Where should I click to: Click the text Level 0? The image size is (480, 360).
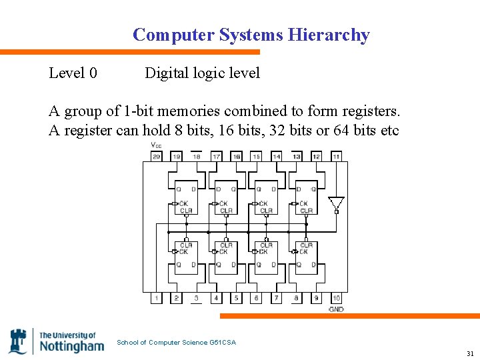[x=73, y=73]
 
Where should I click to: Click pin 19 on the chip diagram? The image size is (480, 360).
[x=176, y=157]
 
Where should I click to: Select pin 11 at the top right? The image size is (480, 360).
[x=336, y=157]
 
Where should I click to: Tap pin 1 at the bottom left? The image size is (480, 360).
[x=156, y=298]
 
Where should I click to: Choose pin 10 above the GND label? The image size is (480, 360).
[x=336, y=298]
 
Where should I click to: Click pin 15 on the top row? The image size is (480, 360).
[x=256, y=157]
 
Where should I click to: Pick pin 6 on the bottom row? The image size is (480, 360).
[x=256, y=298]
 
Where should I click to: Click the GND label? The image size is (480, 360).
[x=336, y=309]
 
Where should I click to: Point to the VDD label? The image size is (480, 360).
[x=156, y=145]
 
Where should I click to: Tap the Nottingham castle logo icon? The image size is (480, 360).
[x=18, y=341]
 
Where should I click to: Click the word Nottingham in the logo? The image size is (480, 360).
[x=71, y=346]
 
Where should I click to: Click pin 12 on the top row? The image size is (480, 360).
[x=316, y=157]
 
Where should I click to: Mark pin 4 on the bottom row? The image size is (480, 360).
[x=216, y=298]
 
